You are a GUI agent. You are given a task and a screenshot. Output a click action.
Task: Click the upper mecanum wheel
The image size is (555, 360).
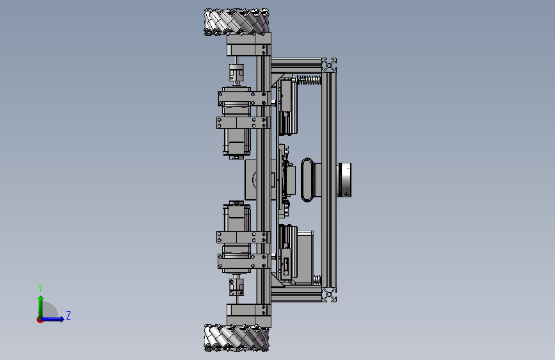[236, 22]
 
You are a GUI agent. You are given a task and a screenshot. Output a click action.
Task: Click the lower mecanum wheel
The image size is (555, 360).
[236, 338]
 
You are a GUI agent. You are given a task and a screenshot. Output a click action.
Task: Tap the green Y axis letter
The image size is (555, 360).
[40, 288]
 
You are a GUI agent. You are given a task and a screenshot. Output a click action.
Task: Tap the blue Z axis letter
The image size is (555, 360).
[68, 315]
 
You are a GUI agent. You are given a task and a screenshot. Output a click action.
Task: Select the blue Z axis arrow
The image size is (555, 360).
[53, 319]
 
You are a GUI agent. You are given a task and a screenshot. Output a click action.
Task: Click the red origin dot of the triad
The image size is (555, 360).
[40, 320]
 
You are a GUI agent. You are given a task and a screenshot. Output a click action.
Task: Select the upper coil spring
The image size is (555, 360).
[309, 80]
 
